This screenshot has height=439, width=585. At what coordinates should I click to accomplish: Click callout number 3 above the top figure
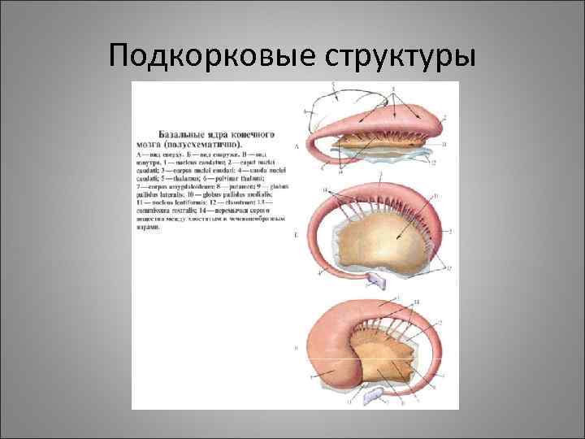pos(393,88)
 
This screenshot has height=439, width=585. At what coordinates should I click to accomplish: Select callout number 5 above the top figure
pos(333,85)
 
